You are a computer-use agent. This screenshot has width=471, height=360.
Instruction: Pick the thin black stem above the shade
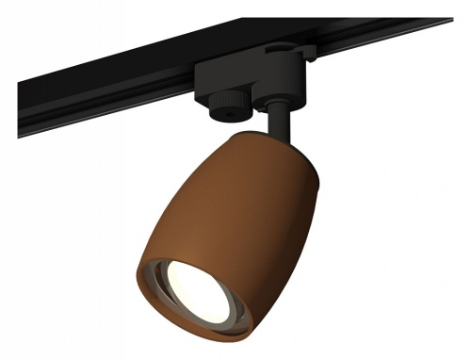click(276, 123)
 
